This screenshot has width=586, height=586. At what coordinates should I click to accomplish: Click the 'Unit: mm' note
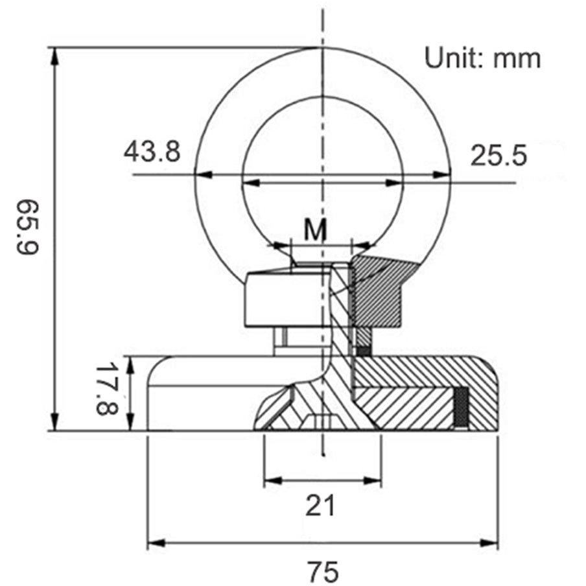482,59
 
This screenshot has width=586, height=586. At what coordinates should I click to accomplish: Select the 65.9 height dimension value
28,228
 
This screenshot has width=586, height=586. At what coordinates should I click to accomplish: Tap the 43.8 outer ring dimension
152,151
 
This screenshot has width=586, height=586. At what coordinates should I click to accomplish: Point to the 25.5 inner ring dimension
498,155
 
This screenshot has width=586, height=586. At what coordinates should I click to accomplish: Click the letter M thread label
316,229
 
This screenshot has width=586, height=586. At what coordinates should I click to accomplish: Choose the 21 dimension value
320,505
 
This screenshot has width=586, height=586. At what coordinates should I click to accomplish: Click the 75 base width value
323,571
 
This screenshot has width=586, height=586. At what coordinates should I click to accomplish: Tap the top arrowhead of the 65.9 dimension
54,56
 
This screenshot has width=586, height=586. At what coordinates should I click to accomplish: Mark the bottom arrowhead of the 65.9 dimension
54,422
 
